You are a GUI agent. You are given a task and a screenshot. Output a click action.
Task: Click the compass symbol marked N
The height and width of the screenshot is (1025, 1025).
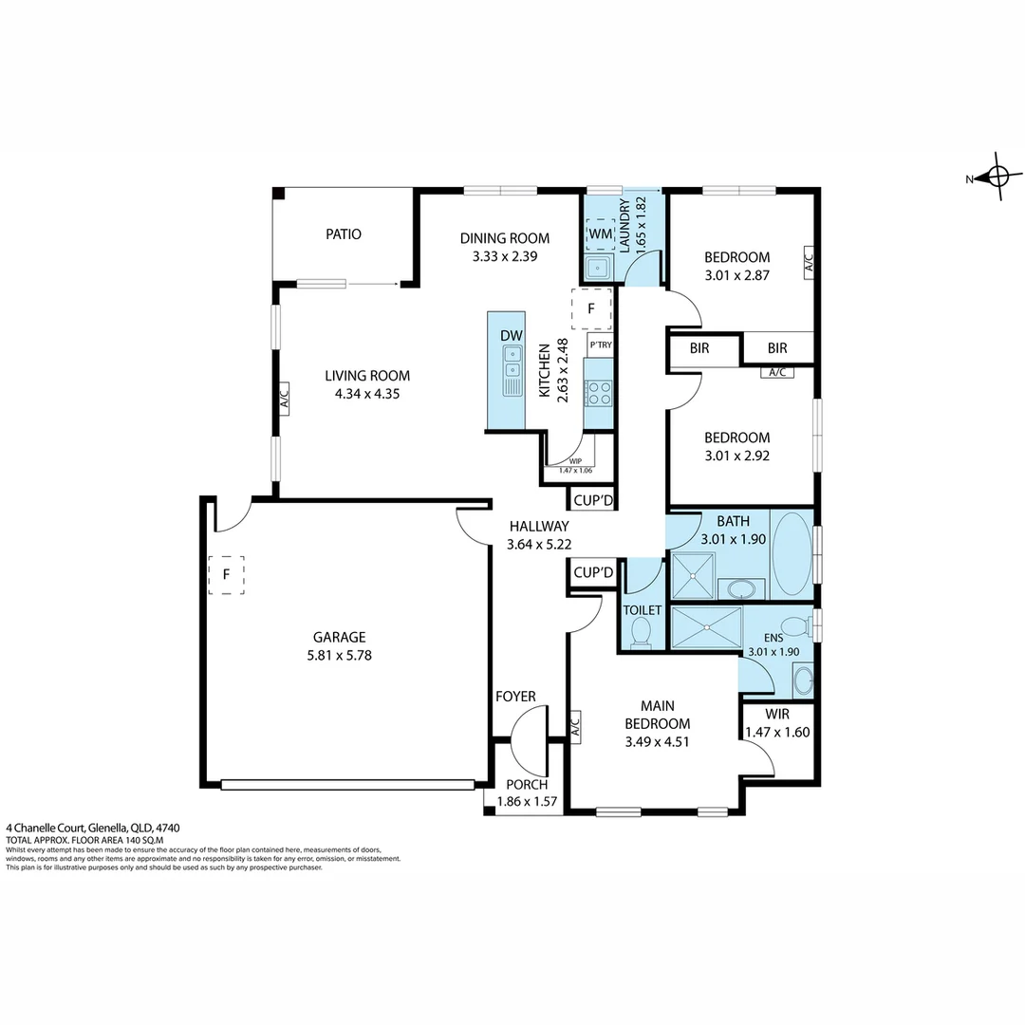tap(997, 177)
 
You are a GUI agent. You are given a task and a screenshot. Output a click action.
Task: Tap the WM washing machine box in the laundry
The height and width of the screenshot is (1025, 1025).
tap(600, 233)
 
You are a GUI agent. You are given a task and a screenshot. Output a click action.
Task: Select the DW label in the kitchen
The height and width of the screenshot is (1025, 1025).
tap(511, 335)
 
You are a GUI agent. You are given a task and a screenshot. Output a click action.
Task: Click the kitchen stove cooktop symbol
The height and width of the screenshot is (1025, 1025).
tap(598, 390)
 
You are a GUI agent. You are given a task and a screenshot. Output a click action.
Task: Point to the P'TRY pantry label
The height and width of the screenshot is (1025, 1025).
tap(600, 345)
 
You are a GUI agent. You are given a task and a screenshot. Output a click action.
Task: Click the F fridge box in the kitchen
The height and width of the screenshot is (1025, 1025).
tap(591, 308)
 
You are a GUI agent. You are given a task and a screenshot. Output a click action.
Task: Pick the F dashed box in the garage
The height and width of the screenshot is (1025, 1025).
tap(226, 574)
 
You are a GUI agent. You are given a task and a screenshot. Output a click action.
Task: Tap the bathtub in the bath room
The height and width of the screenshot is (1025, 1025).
tap(792, 554)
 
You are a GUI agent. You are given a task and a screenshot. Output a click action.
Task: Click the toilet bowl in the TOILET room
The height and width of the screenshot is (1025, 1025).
tap(641, 632)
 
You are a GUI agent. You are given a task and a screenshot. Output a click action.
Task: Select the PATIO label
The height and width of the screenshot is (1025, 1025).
tap(344, 233)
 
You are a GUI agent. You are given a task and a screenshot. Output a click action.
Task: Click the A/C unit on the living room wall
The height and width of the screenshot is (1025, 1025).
tap(283, 400)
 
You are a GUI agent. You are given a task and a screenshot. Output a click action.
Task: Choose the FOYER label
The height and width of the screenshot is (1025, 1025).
tap(515, 697)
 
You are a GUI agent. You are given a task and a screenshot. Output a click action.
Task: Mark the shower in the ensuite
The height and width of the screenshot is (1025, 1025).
tap(705, 627)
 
